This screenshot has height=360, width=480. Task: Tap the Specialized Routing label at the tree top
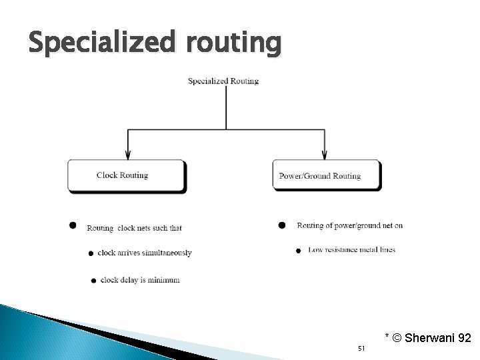point(223,81)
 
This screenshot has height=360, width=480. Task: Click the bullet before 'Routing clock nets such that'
point(73,225)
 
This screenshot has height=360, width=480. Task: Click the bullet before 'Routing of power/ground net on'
point(282,225)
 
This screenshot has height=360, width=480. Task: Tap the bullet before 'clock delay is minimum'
point(93,281)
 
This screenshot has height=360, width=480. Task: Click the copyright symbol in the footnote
point(397,339)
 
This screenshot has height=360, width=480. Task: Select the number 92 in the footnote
point(464,339)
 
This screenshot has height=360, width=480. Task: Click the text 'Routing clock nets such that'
point(134,228)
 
